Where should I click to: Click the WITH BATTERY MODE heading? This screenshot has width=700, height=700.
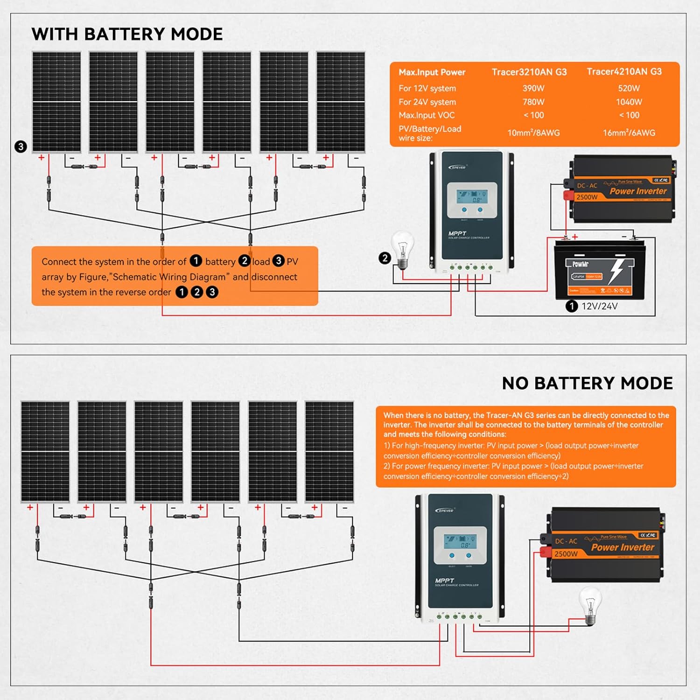tap(127, 34)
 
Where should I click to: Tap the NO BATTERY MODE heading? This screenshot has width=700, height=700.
tap(587, 383)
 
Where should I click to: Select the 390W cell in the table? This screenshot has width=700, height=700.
tap(533, 88)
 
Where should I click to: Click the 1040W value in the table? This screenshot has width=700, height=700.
tap(629, 102)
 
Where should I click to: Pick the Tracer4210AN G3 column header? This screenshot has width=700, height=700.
tap(624, 71)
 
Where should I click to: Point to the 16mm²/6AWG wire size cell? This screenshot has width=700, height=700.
tap(629, 133)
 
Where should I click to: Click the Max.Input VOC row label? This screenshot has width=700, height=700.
tap(426, 115)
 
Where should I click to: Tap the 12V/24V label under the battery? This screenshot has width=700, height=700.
tap(599, 307)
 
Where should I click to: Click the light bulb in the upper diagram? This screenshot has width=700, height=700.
tap(402, 249)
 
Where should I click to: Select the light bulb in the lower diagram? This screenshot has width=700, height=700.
tap(590, 605)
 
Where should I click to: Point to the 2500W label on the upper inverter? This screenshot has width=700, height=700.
tap(587, 197)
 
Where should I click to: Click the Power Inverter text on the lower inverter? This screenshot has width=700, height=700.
tap(623, 547)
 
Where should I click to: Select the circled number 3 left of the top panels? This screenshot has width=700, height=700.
tap(21, 147)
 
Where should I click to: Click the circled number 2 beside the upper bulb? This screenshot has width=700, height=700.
tap(385, 258)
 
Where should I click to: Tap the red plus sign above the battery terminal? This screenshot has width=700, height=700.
tap(575, 237)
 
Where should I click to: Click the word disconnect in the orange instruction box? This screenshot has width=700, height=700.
tap(274, 277)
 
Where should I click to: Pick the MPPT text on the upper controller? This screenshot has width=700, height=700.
tap(457, 233)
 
